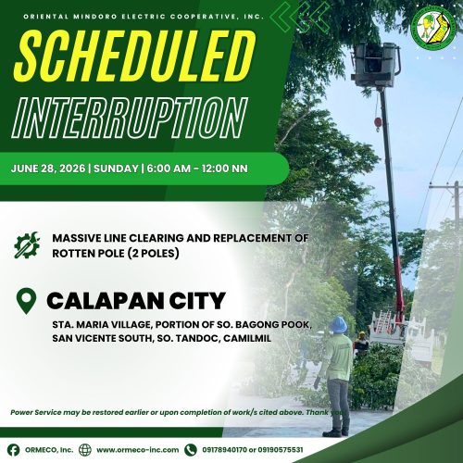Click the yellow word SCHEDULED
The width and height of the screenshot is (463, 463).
pos(135,56)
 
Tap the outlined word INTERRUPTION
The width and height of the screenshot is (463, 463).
pos(130,118)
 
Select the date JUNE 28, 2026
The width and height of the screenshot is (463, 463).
pos(48,169)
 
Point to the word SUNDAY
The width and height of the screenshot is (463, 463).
pos(116,169)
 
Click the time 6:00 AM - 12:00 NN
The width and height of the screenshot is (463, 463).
pos(197,169)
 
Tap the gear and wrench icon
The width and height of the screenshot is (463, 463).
pos(27,245)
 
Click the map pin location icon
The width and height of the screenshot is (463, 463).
pos(27,301)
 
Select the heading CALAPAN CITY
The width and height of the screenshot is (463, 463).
pos(136,301)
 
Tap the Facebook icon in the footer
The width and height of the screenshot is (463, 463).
pos(13,450)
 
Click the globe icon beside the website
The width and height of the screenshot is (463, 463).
pos(85,450)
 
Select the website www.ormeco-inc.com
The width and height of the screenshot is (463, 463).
pos(138,450)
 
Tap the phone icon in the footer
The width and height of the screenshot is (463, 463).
pos(191,450)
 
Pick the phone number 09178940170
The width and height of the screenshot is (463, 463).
pos(224,450)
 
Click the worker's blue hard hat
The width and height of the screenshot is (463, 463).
pos(338,324)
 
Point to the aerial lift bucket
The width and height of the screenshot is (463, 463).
pos(376,65)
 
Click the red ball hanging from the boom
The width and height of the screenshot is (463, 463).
pos(378,122)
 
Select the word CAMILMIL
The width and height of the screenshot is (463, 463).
pos(247,338)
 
